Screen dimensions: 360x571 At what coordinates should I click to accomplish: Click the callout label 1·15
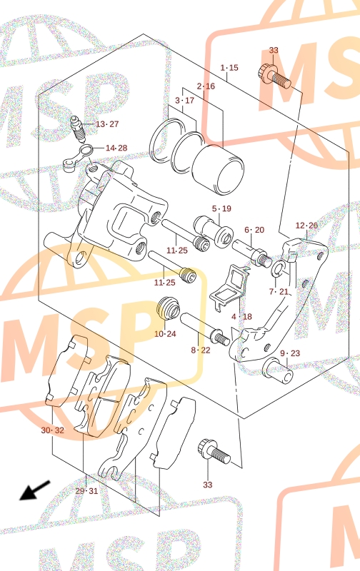[x=229, y=68]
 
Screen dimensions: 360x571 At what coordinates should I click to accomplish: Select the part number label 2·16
[x=206, y=86]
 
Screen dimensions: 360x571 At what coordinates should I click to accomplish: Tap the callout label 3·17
[x=185, y=101]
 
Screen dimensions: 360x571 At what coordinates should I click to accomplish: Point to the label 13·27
[x=107, y=124]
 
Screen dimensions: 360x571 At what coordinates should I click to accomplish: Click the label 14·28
[x=116, y=148]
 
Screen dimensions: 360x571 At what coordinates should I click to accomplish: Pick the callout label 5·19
[x=221, y=208]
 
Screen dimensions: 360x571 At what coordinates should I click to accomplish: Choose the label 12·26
[x=306, y=226]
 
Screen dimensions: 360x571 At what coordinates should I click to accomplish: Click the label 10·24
[x=165, y=334]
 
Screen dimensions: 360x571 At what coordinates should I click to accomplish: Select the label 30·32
[x=52, y=430]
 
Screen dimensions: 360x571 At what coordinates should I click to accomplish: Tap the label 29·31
[x=86, y=491]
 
